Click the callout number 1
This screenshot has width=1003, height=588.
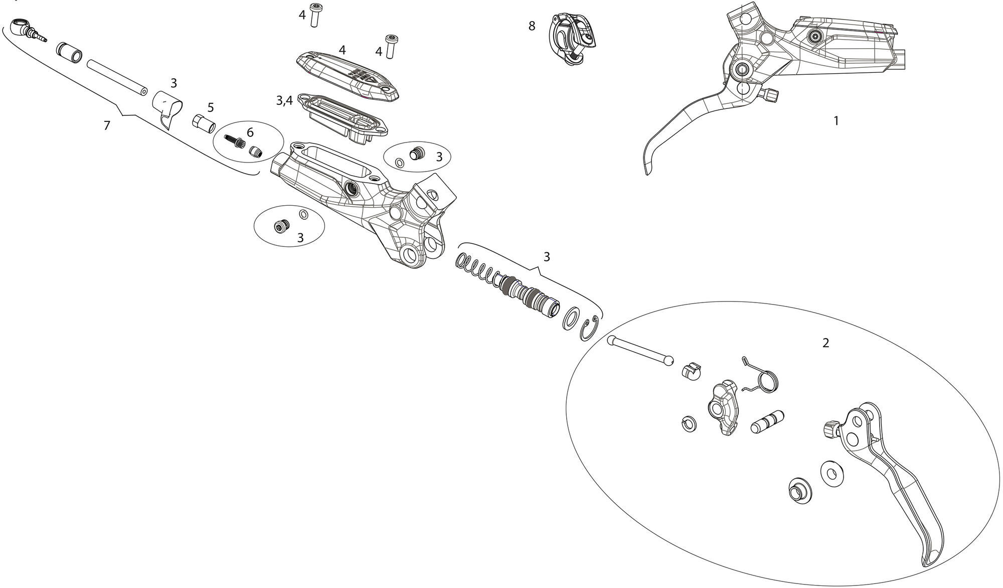835,121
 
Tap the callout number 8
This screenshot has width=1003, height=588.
532,26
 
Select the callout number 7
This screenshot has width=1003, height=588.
106,125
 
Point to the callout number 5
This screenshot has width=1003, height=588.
211,107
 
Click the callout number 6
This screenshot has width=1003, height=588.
250,133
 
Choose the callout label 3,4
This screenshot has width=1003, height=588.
284,101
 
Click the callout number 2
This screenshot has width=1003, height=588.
825,343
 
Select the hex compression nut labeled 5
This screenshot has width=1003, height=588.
204,123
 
